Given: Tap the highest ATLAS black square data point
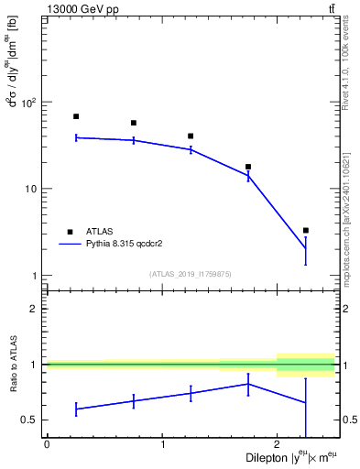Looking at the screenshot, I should [76, 116].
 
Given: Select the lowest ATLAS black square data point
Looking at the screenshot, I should [306, 230].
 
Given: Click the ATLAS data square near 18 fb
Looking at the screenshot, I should [248, 167].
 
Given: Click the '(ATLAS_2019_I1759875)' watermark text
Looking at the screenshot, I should [191, 273].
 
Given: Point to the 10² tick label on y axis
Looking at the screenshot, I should [30, 103].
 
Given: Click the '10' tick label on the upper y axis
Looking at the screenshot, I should [33, 190].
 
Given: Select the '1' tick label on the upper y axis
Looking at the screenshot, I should [37, 276].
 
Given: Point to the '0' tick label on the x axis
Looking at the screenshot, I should [47, 444].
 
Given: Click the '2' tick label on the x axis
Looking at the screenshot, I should [277, 444].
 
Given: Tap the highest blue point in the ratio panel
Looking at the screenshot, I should [248, 384].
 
